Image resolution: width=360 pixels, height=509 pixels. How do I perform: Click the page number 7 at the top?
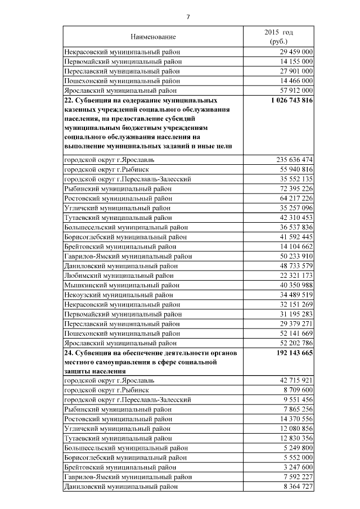(x=188, y=17)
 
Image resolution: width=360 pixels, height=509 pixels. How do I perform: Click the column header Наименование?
(x=153, y=37)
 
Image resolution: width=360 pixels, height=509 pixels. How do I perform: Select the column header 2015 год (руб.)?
(x=278, y=37)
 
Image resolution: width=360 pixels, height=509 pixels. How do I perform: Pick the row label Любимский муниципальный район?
(x=119, y=275)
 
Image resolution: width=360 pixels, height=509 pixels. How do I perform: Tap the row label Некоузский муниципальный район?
(x=119, y=294)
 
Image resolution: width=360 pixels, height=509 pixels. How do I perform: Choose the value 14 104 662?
(x=295, y=246)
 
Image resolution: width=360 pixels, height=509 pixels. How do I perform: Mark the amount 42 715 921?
(x=295, y=381)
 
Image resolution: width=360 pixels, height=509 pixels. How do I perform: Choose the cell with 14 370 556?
(x=295, y=419)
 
